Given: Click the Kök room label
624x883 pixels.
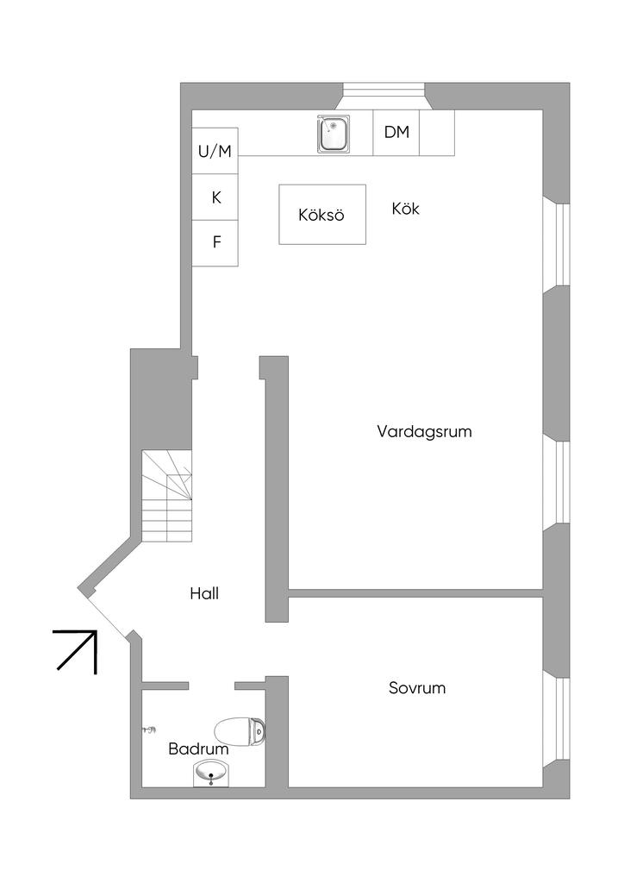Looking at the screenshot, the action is (x=406, y=209).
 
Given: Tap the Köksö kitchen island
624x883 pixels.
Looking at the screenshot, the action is (x=322, y=215).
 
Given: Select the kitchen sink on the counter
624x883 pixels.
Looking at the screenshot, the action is (x=334, y=134).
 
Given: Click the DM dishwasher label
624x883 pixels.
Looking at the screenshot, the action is (x=396, y=132).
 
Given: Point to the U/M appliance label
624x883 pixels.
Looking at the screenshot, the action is (x=215, y=152).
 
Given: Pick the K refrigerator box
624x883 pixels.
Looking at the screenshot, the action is (x=215, y=197).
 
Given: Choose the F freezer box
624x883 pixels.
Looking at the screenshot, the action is (x=215, y=242).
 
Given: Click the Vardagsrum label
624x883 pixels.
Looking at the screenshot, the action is (x=424, y=432).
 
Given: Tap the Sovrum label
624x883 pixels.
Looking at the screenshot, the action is (x=417, y=687).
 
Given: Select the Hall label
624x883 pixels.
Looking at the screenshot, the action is (x=204, y=593).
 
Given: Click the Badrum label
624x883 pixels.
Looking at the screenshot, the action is (x=198, y=749).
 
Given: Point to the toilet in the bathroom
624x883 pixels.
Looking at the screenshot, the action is (x=240, y=731).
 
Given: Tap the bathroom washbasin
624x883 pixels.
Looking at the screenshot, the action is (x=211, y=773).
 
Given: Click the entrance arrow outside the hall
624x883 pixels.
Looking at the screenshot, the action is (x=75, y=652).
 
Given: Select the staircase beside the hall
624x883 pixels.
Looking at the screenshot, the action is (x=166, y=496).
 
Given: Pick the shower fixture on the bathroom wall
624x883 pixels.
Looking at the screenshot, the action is (x=149, y=730).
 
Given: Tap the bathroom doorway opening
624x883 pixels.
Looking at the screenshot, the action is (x=211, y=686).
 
